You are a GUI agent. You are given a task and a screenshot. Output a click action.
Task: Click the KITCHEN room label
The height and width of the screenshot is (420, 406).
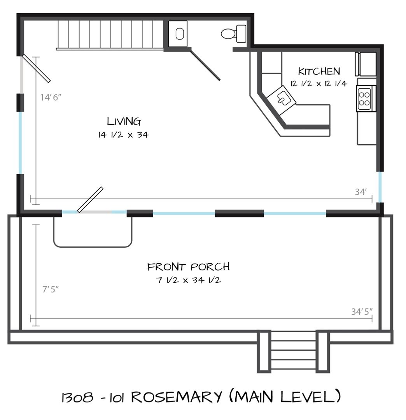pos(319,71)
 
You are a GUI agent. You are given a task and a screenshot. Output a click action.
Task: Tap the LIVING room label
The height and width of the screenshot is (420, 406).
pos(124,121)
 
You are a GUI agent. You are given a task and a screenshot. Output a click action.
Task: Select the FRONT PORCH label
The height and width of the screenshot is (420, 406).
pos(189,266)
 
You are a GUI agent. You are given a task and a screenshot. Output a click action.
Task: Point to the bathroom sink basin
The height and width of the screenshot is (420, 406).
pos(180,34)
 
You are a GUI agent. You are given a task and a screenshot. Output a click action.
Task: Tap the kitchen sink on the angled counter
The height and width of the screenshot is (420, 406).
pos(282,98)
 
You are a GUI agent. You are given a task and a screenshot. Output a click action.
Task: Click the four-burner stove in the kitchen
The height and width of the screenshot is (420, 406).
pos(364,98)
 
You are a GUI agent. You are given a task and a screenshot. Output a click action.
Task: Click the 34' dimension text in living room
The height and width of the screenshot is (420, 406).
pos(361,192)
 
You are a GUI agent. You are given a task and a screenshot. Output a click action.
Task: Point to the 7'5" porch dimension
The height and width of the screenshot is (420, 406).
pos(51,289)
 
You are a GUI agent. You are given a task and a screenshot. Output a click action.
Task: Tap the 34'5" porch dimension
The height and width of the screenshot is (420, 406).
pos(362,311)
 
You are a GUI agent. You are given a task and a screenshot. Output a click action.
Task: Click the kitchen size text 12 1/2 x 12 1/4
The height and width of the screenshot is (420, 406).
pos(318,84)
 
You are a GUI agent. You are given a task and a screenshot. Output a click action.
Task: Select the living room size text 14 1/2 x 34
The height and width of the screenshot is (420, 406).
pos(123,135)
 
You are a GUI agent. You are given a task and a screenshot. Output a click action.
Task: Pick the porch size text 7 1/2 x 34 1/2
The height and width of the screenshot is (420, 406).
pos(189,280)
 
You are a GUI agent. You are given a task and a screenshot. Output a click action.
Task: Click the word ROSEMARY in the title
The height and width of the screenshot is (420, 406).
pos(177,397)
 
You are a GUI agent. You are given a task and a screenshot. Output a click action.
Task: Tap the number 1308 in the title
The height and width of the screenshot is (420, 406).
pos(78,397)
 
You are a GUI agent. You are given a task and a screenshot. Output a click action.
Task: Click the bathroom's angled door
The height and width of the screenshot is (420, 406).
pos(205,65)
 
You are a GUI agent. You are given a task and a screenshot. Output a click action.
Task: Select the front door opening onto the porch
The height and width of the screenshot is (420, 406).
pos(90,199)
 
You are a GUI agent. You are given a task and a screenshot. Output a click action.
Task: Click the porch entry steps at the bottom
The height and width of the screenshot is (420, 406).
pos(294,352)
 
